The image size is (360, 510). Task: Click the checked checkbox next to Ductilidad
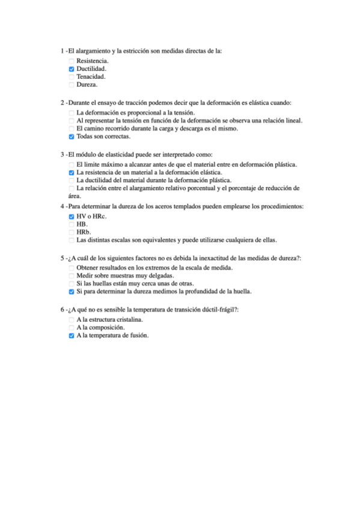72,69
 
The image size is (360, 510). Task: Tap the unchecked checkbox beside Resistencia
72,61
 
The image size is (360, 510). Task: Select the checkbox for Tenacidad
72,77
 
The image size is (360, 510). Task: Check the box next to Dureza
72,85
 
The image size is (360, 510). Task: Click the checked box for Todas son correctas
72,137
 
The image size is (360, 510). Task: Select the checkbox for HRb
72,232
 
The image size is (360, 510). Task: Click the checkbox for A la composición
72,328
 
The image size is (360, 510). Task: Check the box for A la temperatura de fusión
72,336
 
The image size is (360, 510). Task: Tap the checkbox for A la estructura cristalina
72,320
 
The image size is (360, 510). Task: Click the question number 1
63,51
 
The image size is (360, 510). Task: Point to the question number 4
63,206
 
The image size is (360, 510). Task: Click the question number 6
63,310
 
